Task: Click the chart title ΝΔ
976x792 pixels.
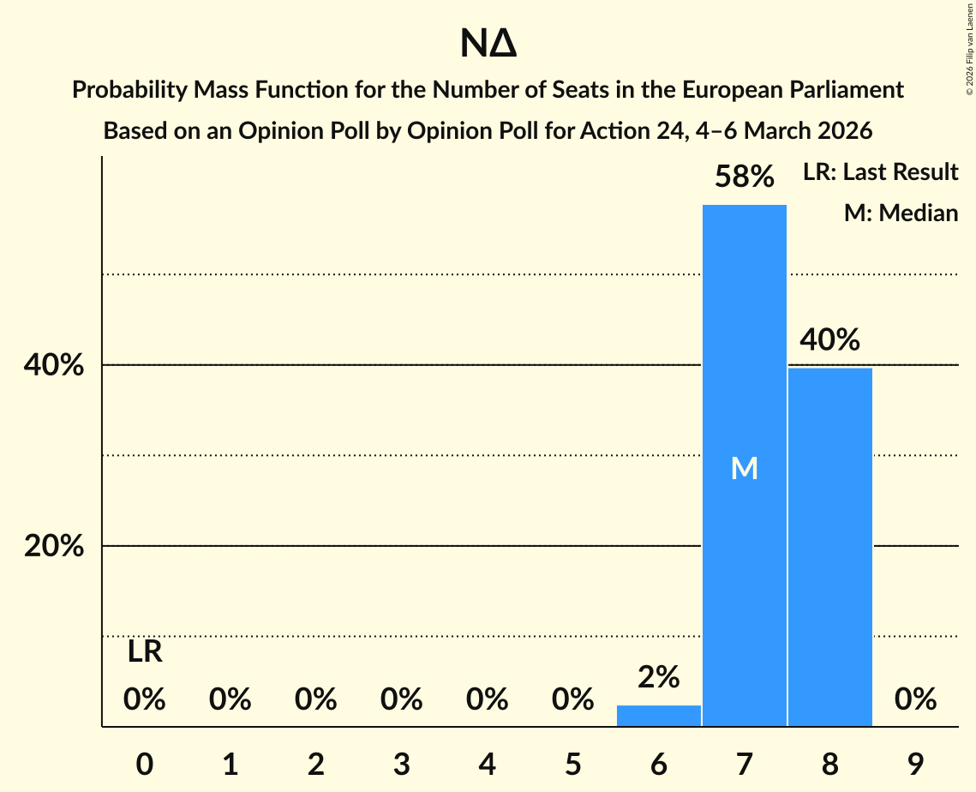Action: (488, 45)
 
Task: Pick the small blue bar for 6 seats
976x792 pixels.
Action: (658, 716)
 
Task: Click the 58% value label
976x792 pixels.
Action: (745, 177)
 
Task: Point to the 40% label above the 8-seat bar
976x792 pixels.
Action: (829, 340)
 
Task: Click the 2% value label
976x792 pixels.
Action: (658, 678)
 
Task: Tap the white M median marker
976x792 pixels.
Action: (744, 468)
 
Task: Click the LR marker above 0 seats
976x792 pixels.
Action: (145, 652)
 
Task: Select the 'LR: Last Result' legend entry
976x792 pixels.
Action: (880, 172)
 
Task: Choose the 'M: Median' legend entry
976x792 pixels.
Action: (901, 213)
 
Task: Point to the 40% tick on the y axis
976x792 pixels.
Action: (53, 366)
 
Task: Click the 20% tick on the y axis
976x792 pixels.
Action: (53, 546)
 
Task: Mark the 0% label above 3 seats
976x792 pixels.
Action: (401, 700)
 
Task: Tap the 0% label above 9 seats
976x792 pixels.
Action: (915, 700)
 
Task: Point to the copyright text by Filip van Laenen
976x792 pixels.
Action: (969, 48)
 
